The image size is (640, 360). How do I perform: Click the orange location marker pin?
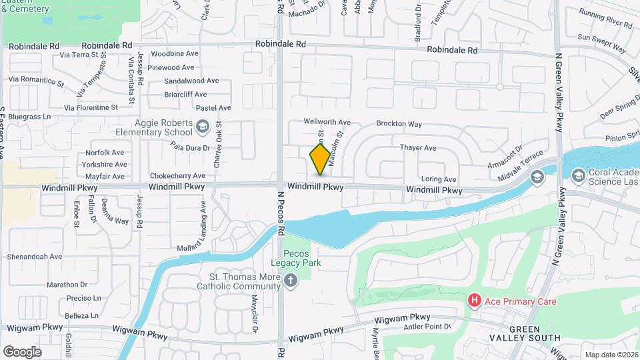point(320,159)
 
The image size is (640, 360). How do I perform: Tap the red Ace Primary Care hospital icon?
point(475,301)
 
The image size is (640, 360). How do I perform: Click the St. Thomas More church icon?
point(289,282)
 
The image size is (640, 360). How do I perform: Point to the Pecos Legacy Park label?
point(302,259)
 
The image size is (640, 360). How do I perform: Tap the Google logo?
point(22,351)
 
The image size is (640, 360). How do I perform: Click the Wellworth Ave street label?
point(327,122)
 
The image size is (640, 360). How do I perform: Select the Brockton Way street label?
point(399,124)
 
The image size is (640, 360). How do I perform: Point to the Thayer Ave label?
point(418,147)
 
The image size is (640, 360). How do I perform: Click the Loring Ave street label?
point(439,179)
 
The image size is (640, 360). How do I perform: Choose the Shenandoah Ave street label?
point(34,256)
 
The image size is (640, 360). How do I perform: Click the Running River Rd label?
point(605,24)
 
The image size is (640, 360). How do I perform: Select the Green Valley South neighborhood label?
point(534,333)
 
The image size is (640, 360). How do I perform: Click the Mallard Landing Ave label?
point(198,227)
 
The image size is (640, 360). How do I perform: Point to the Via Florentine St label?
point(91,107)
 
